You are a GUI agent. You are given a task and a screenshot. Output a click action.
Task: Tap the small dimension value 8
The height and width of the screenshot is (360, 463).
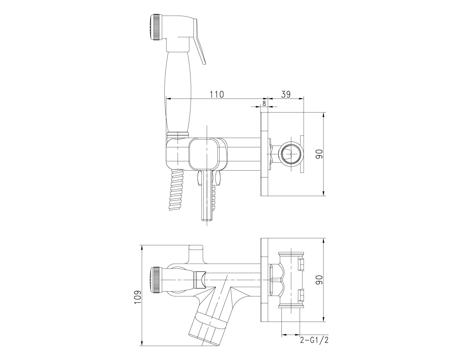pyautogui.click(x=264, y=103)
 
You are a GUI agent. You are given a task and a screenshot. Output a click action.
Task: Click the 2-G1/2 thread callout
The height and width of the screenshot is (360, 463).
pyautogui.click(x=314, y=340)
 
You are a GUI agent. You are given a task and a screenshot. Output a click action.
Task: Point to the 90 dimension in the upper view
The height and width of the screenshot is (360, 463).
pyautogui.click(x=319, y=154)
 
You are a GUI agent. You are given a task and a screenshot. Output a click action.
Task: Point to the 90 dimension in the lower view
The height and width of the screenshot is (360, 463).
pyautogui.click(x=319, y=280)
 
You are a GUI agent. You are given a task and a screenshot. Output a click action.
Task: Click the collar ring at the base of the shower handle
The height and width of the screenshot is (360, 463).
pyautogui.click(x=178, y=134)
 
